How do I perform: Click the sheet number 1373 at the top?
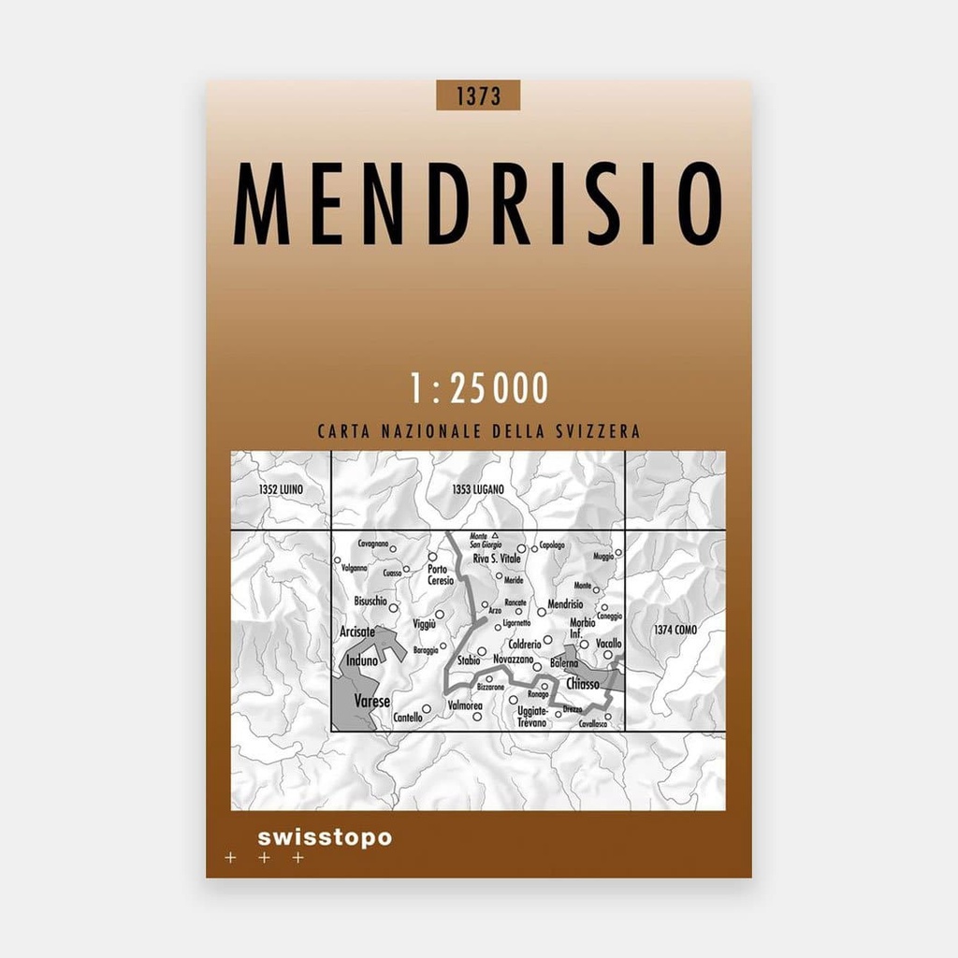pos(477,95)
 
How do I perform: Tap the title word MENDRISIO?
pos(478,204)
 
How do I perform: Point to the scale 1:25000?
pos(478,389)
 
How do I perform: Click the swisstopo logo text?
pos(324,837)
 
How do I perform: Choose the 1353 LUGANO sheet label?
pos(477,489)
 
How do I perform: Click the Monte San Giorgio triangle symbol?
pos(496,536)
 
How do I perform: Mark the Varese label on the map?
pos(371,701)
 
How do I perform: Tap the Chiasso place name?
pos(582,685)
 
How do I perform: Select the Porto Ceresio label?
pos(441,574)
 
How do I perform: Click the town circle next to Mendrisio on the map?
pos(542,612)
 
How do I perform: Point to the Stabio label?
pos(470,660)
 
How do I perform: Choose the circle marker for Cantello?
pos(427,709)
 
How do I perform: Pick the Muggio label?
pos(603,557)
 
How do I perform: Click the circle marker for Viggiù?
pos(439,615)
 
